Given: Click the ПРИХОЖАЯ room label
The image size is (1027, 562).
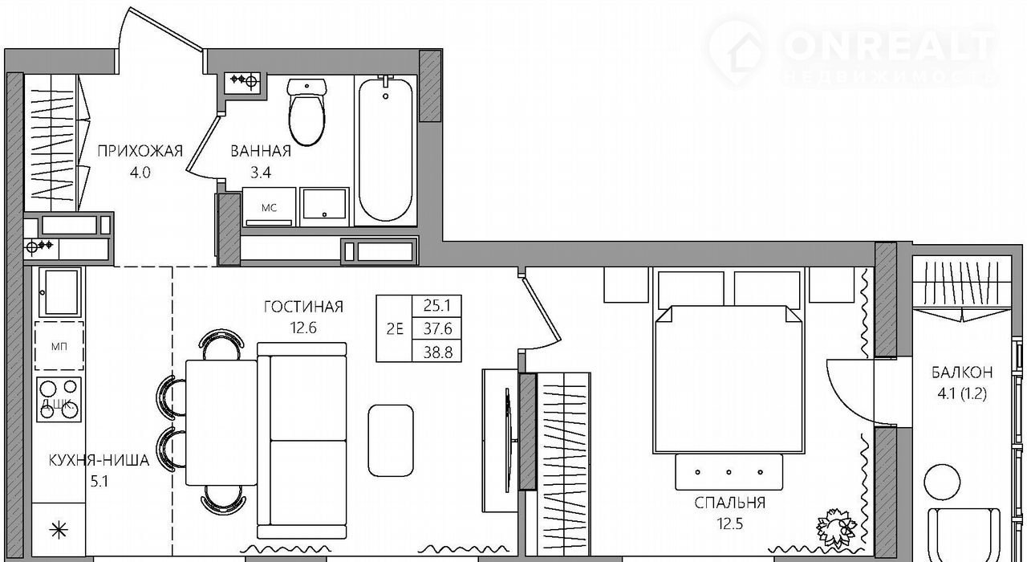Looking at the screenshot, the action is tap(140, 151).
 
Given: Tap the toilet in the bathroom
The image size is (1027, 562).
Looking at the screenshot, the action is tap(306, 112).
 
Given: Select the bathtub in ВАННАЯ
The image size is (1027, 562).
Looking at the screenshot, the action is tap(386, 149).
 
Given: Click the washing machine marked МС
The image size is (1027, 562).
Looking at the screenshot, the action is tap(269, 206).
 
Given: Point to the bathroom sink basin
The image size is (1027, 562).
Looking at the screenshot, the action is tap(324, 206).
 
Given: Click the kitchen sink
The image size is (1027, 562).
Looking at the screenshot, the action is tap(59, 292).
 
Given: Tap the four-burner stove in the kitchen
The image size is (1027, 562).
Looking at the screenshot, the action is tap(59, 400).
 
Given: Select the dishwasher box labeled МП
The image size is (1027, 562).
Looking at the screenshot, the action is tap(59, 346).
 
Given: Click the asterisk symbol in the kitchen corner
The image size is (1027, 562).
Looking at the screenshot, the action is tap(59, 531).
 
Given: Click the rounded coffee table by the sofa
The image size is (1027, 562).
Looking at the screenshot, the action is tap(391, 441).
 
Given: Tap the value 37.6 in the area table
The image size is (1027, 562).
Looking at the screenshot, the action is tap(438, 328).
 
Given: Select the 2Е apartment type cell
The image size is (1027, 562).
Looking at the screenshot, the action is tap(394, 329).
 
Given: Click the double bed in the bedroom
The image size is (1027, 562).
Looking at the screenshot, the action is tap(729, 380).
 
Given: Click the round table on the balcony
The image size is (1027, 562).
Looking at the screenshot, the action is tap(942, 483).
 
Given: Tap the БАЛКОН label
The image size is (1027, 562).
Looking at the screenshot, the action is tap(962, 372).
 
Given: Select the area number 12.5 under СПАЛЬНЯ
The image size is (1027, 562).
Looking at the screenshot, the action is tap(730, 523).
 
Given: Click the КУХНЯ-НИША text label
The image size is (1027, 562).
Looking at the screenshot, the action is tap(99, 460).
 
